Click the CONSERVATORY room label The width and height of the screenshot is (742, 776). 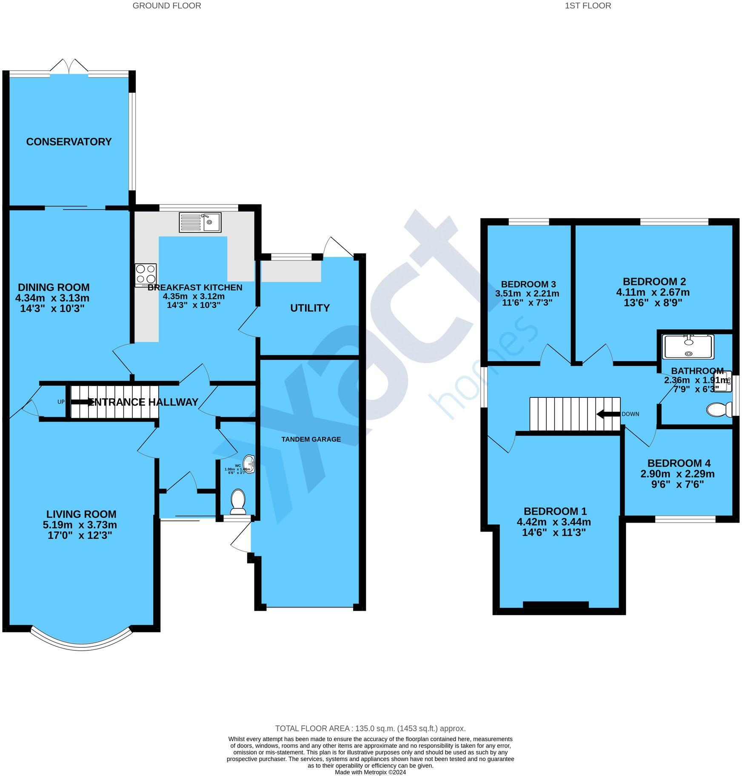(x=68, y=142)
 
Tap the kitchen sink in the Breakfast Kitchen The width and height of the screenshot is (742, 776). (x=200, y=222)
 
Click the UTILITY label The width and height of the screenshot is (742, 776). (x=310, y=308)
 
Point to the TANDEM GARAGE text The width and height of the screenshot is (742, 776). (x=311, y=439)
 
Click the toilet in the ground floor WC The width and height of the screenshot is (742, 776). (x=238, y=501)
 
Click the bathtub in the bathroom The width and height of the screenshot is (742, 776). (x=688, y=347)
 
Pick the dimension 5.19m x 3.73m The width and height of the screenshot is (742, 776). (x=80, y=525)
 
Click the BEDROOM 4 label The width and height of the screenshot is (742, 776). (x=679, y=463)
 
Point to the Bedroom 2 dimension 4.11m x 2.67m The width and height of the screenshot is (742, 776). (x=653, y=292)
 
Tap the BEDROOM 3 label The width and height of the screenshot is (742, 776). (x=528, y=284)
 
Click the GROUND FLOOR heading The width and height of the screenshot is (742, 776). (x=167, y=6)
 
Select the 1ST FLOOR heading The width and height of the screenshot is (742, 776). (x=588, y=6)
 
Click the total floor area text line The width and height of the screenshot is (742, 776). (x=370, y=729)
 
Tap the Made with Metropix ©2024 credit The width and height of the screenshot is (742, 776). (x=370, y=772)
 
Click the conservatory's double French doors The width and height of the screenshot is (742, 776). (x=69, y=67)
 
